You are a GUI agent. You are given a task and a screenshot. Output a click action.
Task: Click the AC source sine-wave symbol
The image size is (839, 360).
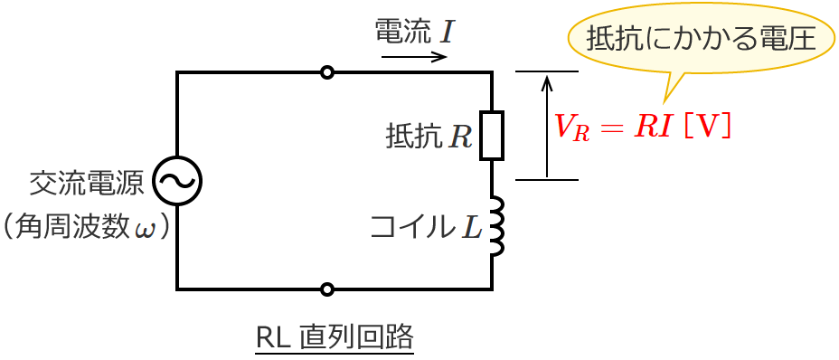click(x=176, y=181)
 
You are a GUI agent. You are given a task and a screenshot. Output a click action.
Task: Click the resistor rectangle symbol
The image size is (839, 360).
click(x=492, y=136)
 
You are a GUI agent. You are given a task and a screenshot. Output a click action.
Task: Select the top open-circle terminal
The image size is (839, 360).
click(x=327, y=72)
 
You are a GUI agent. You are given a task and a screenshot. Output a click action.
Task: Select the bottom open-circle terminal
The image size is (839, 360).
click(x=327, y=289)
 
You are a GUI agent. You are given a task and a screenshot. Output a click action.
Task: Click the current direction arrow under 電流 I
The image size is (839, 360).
click(x=414, y=57)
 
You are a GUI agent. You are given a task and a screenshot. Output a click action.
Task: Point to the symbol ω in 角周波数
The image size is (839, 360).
click(x=145, y=227)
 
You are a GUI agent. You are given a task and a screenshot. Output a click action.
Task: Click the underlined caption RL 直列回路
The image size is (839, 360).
click(x=335, y=337)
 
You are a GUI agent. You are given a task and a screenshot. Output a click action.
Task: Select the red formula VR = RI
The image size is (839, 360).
click(x=616, y=127)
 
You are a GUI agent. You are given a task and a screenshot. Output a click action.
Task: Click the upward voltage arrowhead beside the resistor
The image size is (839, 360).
click(x=547, y=83)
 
